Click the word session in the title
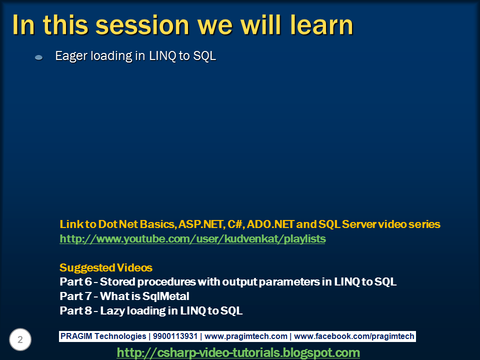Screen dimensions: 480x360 coord(142,25)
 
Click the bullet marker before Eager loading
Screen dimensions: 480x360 coord(39,57)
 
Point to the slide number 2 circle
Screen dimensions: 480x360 coord(20,339)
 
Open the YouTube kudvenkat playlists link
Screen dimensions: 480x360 coord(192,239)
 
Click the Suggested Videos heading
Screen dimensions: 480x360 coord(106,268)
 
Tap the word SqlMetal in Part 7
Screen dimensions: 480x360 coord(165,296)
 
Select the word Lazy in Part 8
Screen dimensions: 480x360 coord(112,311)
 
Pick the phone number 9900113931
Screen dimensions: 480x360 coord(175,336)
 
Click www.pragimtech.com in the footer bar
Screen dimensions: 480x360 coord(246,336)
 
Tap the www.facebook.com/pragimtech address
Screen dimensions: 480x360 coord(354,336)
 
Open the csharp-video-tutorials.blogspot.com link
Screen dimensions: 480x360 coord(238,352)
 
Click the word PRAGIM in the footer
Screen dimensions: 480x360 coord(76,336)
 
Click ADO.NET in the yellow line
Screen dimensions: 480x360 coord(270,224)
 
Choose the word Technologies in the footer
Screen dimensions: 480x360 coord(120,336)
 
